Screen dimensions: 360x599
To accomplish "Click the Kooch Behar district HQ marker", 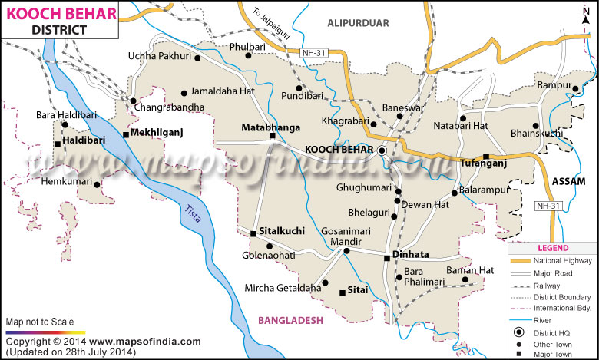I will pyautogui.click(x=382, y=150).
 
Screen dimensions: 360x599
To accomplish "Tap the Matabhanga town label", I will pyautogui.click(x=270, y=127).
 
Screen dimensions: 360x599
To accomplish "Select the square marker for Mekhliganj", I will pyautogui.click(x=126, y=135).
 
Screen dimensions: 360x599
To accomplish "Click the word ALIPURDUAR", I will pyautogui.click(x=359, y=23).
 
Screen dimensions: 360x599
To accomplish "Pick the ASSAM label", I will pyautogui.click(x=568, y=181).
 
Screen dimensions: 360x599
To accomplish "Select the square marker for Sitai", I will pyautogui.click(x=343, y=292).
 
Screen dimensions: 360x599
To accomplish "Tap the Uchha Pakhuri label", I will pyautogui.click(x=160, y=55).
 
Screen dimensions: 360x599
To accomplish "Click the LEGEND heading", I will pyautogui.click(x=552, y=248).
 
